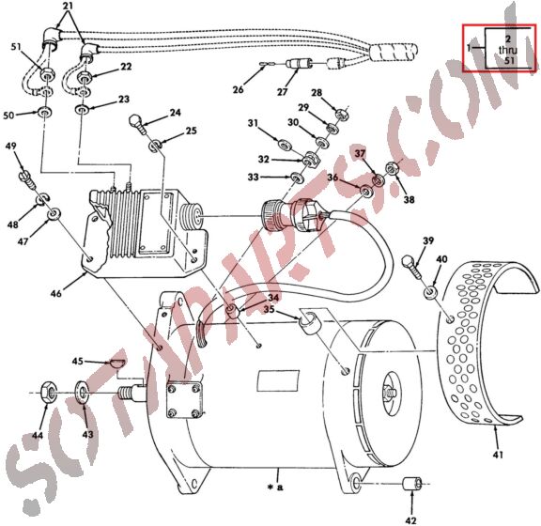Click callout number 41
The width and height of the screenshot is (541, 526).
pos(498,455)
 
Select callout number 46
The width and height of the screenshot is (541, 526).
pos(56,294)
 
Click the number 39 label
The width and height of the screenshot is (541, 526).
pos(428,242)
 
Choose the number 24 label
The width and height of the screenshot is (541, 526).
pos(175,113)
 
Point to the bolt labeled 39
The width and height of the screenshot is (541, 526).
pos(410,263)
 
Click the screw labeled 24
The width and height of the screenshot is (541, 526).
pos(137,121)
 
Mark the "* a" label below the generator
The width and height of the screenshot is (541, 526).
pos(275,487)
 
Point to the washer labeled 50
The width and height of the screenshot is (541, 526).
pos(44,114)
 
